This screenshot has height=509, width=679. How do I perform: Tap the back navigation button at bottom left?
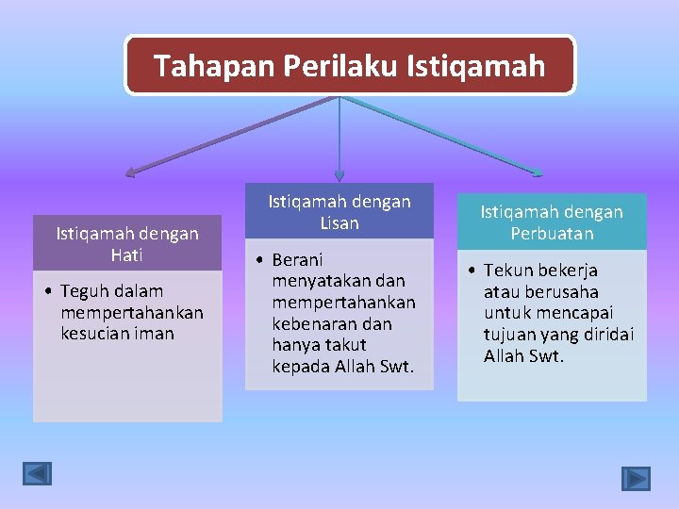coord(38,473)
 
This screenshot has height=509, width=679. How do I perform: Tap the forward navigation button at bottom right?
coord(636,479)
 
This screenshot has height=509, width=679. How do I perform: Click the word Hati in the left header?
coord(127,254)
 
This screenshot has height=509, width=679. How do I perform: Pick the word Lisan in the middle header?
coord(339,223)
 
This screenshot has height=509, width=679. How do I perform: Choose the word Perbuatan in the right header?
coord(552,234)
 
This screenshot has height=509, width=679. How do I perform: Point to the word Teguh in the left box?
coord(82,291)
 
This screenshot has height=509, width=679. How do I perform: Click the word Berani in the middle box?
coord(297,259)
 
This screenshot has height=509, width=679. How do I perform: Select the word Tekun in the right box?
coord(508,271)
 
